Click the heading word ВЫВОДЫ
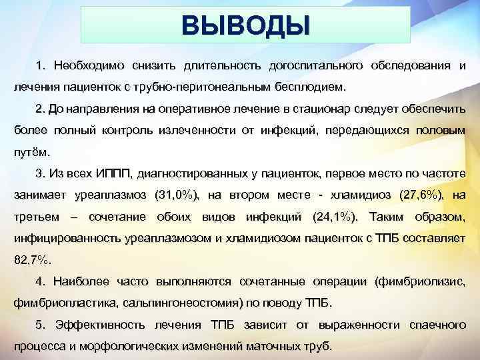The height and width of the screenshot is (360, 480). point(245,26)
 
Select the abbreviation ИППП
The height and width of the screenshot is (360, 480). point(116,173)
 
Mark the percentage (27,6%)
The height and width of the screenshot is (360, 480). point(423,195)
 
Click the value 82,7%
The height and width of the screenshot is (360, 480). point(32,260)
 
